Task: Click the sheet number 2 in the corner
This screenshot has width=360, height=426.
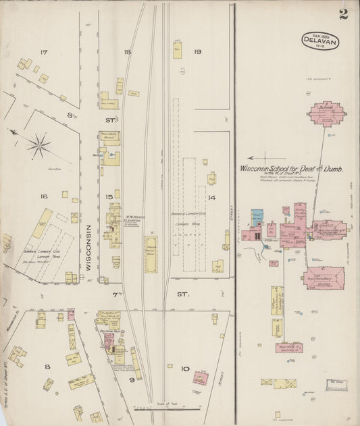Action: coord(343,14)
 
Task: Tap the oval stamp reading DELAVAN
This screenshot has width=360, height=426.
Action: coord(320,41)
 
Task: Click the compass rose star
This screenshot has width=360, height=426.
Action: coord(39,144)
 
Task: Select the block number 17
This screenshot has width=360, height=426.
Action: coord(44,52)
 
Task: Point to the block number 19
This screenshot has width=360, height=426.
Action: coord(198,52)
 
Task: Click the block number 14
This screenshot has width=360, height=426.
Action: coord(211,197)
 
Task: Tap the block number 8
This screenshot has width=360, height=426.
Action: coord(47,367)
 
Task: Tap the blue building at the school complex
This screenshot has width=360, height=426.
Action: coord(257,217)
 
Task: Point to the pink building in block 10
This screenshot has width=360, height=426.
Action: coord(201,377)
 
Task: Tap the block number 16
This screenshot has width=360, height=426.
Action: coord(43,196)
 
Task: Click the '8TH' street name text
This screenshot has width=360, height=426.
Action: coord(72,115)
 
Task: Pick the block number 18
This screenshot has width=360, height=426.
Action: coord(127,52)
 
